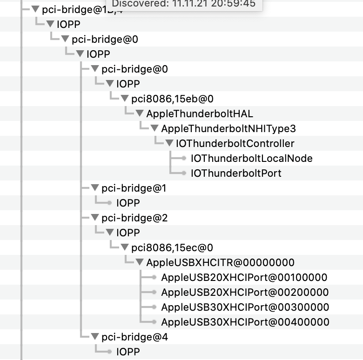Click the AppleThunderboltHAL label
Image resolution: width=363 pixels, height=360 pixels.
pyautogui.click(x=200, y=113)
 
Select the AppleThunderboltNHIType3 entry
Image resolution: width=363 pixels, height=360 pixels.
pyautogui.click(x=229, y=128)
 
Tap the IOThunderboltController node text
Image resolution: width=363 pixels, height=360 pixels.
pyautogui.click(x=235, y=143)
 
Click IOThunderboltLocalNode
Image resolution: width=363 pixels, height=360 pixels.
pyautogui.click(x=251, y=158)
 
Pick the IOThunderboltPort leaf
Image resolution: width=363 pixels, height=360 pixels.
pyautogui.click(x=236, y=173)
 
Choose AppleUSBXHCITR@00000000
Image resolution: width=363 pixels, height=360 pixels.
pyautogui.click(x=220, y=262)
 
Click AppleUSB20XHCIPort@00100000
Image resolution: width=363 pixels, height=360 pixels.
pyautogui.click(x=244, y=277)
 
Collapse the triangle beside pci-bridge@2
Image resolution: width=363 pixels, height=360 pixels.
pyautogui.click(x=95, y=218)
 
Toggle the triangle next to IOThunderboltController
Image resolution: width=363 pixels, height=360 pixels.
pyautogui.click(x=169, y=143)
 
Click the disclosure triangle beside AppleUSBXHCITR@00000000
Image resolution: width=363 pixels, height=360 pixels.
pyautogui.click(x=140, y=262)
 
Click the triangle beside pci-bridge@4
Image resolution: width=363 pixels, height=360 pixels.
pyautogui.click(x=95, y=337)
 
